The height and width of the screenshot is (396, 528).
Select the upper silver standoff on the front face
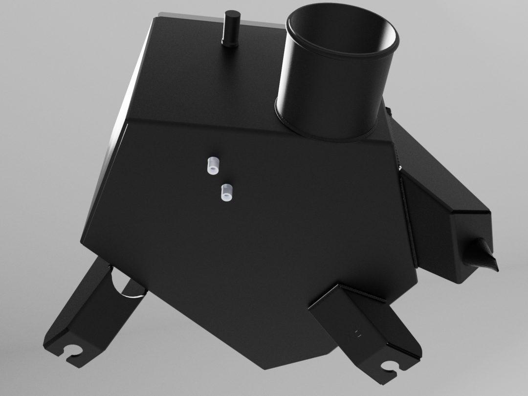pos(212,166)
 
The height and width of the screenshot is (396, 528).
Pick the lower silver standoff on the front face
pos(226,192)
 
